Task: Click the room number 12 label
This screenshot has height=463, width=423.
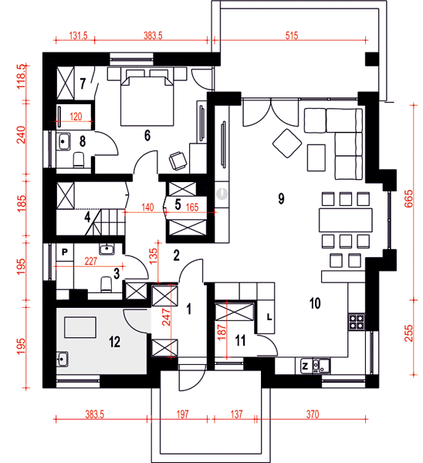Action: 114,342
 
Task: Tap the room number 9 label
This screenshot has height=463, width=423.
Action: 281,198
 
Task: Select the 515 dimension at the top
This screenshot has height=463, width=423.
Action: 292,35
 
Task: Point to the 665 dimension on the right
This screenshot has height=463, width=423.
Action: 409,199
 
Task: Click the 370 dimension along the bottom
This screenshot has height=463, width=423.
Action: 312,414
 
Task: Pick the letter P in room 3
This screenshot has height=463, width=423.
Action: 65,252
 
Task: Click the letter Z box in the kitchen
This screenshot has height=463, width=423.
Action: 305,367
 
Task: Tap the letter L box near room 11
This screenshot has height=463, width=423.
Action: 269,317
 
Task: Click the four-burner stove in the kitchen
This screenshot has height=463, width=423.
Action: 357,322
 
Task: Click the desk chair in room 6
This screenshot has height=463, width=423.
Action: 178,161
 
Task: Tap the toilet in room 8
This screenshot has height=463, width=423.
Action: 79,160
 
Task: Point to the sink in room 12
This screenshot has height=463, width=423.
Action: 63,360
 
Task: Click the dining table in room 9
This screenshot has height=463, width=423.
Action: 345,220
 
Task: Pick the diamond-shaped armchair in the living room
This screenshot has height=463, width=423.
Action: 287,144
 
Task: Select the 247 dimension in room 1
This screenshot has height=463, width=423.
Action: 166,316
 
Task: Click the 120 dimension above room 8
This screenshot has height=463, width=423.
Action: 76,117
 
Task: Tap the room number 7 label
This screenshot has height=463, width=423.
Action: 83,84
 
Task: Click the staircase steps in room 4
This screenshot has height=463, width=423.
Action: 106,222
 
